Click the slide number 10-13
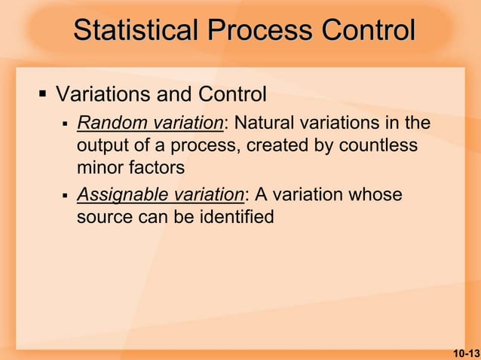[x=466, y=352]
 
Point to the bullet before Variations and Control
[x=42, y=95]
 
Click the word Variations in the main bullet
[x=102, y=95]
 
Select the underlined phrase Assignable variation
[x=161, y=194]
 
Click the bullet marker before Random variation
[x=66, y=122]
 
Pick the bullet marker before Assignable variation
[x=66, y=194]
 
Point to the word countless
[x=378, y=144]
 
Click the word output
[x=101, y=144]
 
